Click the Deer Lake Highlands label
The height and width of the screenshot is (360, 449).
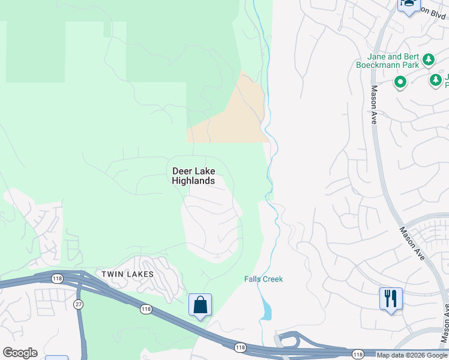click(193, 175)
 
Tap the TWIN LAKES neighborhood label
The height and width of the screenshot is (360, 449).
click(127, 274)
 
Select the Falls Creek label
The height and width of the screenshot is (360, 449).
click(264, 279)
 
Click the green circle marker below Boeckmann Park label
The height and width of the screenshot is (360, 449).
click(400, 81)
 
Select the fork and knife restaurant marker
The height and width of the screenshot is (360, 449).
click(391, 298)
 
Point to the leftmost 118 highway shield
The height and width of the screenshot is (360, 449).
click(58, 278)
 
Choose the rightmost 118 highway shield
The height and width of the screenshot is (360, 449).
click(358, 354)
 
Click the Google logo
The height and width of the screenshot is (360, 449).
click(20, 353)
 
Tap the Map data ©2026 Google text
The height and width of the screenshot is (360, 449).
click(411, 355)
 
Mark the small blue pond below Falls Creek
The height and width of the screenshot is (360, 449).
click(266, 309)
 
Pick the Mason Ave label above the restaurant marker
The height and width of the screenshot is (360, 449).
click(412, 243)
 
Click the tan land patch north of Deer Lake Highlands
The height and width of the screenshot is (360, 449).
click(234, 117)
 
